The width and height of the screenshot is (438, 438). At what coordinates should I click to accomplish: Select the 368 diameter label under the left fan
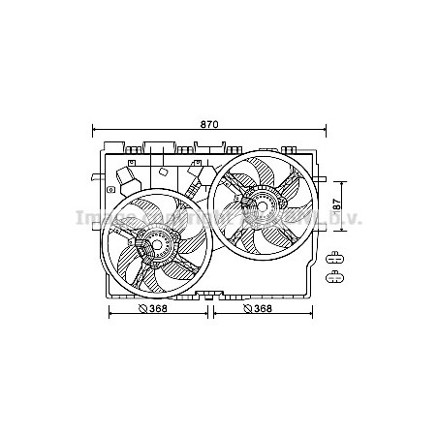pos(158,309)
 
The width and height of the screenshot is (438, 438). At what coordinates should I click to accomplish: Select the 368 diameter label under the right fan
pos(260,309)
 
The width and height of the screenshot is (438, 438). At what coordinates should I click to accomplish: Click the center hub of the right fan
pos(260,203)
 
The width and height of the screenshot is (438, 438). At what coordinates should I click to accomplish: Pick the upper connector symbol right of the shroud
pos(335,258)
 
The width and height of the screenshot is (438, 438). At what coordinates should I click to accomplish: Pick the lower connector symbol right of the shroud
pos(335,277)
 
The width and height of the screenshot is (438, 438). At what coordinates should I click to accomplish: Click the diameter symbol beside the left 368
pos(142,309)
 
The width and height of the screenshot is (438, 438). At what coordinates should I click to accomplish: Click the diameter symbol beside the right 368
pos(245,309)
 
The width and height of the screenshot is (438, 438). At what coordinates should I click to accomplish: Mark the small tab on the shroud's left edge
pos(93,178)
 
